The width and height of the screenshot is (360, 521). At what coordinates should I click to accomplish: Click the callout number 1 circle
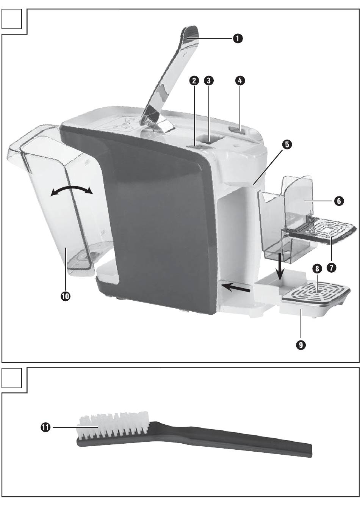pos(238,38)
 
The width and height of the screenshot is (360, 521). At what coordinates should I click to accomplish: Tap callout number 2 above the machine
pos(194,80)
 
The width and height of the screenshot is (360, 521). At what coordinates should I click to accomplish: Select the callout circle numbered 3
pos(208,80)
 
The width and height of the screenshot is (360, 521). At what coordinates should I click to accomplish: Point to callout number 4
pos(240,80)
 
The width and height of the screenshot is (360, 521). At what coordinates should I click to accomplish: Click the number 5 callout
pos(287,144)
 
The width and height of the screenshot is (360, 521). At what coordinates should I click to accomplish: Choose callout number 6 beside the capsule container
pos(339,201)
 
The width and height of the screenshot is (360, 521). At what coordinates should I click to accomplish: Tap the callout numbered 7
pos(331,268)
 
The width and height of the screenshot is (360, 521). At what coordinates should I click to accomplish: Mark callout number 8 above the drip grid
pos(317,269)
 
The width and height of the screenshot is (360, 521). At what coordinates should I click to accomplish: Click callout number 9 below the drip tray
pos(301,345)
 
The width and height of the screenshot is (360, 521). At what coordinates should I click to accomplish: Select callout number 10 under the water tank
pos(65,296)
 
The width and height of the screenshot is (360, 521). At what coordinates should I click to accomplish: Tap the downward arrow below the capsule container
pos(281,267)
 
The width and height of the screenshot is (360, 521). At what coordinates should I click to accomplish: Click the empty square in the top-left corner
pos(12,19)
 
